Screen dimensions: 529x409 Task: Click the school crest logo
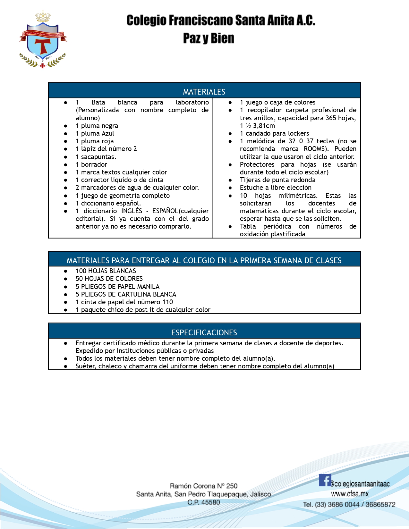[43, 40]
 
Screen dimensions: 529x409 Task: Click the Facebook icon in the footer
[325, 480]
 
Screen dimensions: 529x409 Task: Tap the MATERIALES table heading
[204, 92]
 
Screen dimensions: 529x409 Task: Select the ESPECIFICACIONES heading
[204, 332]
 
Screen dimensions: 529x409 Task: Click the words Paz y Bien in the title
[209, 38]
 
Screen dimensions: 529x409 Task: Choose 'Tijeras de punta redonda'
[277, 180]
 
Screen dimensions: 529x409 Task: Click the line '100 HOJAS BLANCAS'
[106, 271]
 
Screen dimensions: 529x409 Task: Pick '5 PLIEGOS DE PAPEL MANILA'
[117, 287]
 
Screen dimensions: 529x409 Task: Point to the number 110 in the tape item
[167, 302]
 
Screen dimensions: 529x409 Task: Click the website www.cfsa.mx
[350, 494]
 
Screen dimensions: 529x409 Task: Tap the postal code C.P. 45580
[204, 502]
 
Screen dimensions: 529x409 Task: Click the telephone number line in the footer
[349, 504]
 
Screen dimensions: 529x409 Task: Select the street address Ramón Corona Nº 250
[204, 486]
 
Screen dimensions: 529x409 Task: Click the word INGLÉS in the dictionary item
[132, 211]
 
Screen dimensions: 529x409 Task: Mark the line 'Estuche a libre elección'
[276, 188]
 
